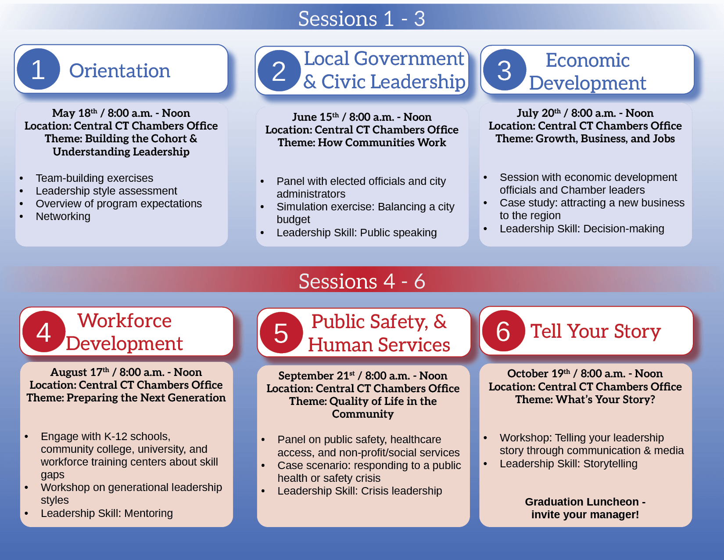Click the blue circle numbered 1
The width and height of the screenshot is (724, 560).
tap(38, 69)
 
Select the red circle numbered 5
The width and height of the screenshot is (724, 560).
tap(281, 333)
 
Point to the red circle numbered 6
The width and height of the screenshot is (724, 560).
tap(503, 331)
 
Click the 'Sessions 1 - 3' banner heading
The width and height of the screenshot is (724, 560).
tap(362, 18)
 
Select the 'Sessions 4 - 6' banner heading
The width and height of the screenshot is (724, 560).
tap(362, 281)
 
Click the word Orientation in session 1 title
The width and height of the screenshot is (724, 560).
tap(120, 71)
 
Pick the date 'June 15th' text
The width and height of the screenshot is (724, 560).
tap(315, 117)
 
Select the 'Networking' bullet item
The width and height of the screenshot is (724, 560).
tap(63, 217)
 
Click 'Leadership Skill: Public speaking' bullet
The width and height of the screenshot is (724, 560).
tap(356, 233)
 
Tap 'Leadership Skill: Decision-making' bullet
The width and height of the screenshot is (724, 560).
tap(582, 229)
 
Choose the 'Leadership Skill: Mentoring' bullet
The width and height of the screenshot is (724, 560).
tap(107, 513)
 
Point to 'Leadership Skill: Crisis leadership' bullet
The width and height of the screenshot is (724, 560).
tap(359, 491)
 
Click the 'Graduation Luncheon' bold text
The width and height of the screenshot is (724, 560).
tap(582, 502)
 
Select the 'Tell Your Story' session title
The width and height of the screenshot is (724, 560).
tap(595, 331)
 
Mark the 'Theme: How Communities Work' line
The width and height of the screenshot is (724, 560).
tap(362, 143)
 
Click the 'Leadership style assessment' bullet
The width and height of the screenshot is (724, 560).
tap(106, 191)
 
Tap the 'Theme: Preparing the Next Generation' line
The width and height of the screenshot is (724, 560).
tap(126, 398)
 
